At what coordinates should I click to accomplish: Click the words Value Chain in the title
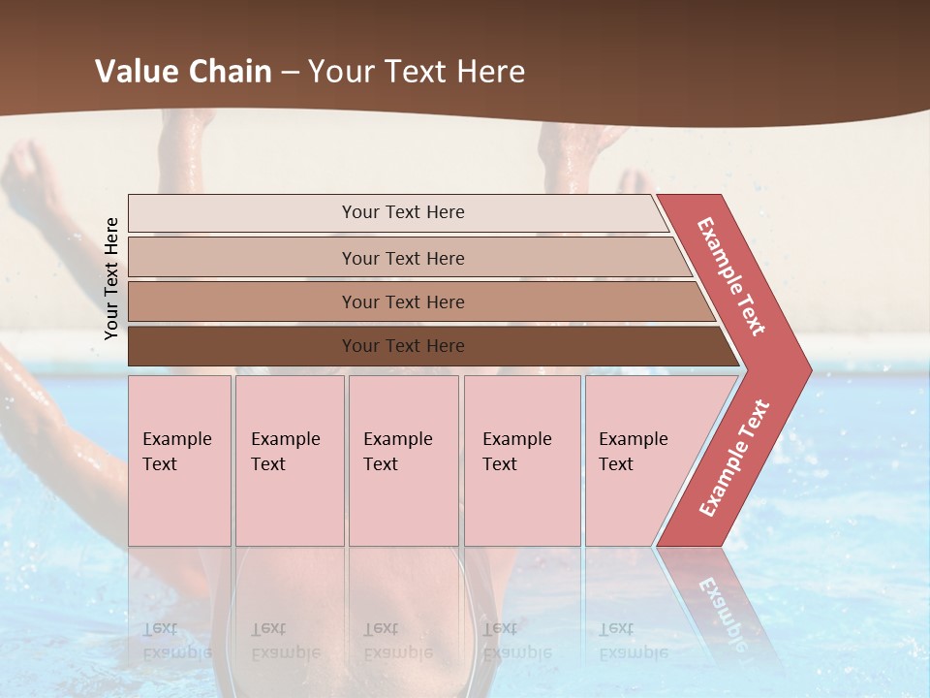pyautogui.click(x=183, y=72)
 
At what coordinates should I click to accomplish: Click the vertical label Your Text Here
pyautogui.click(x=112, y=278)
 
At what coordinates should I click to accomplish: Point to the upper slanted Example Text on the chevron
pyautogui.click(x=731, y=276)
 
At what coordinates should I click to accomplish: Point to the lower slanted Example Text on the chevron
pyautogui.click(x=734, y=459)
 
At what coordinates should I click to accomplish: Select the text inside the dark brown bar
pyautogui.click(x=403, y=346)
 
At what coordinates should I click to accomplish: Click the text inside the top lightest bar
pyautogui.click(x=403, y=212)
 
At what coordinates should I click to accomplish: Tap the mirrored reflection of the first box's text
pyautogui.click(x=176, y=641)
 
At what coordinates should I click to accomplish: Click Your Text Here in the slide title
pyautogui.click(x=417, y=72)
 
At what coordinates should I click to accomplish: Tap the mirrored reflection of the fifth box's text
pyautogui.click(x=633, y=641)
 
